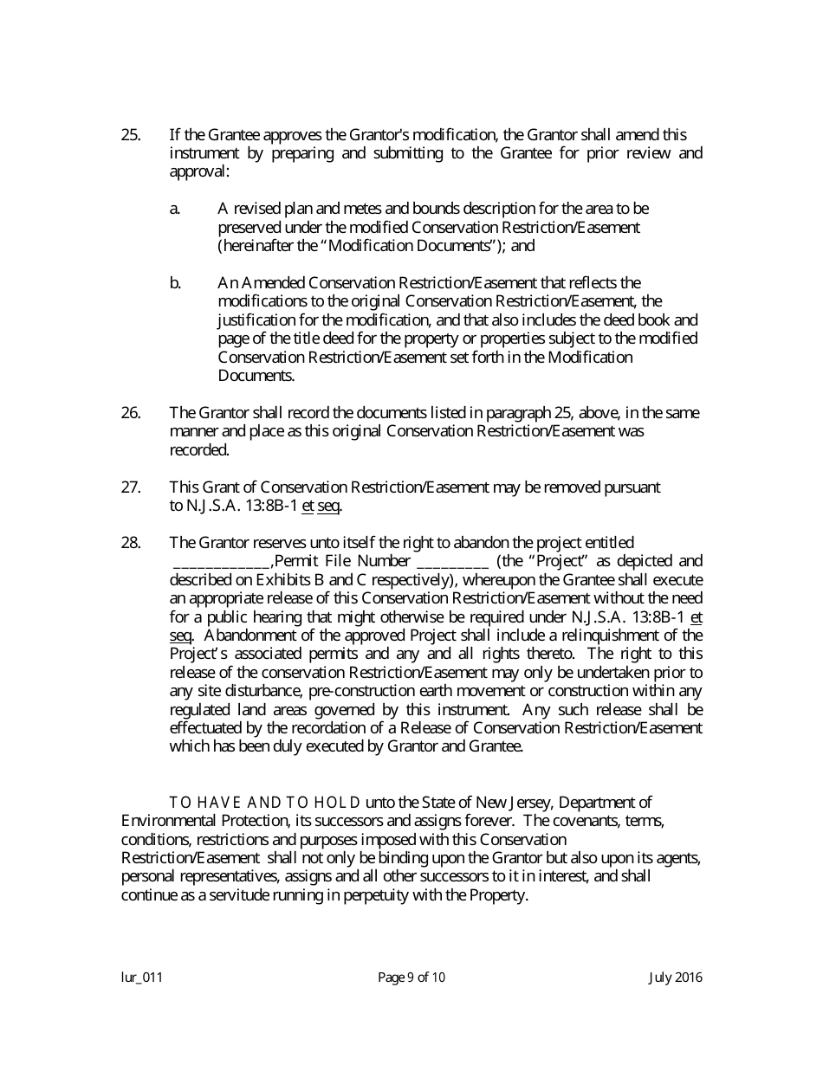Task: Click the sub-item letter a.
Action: pyautogui.click(x=175, y=209)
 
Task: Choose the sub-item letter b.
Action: pyautogui.click(x=175, y=283)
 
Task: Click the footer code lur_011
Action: pyautogui.click(x=142, y=978)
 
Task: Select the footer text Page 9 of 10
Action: pyautogui.click(x=411, y=978)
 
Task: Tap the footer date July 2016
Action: pyautogui.click(x=676, y=978)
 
